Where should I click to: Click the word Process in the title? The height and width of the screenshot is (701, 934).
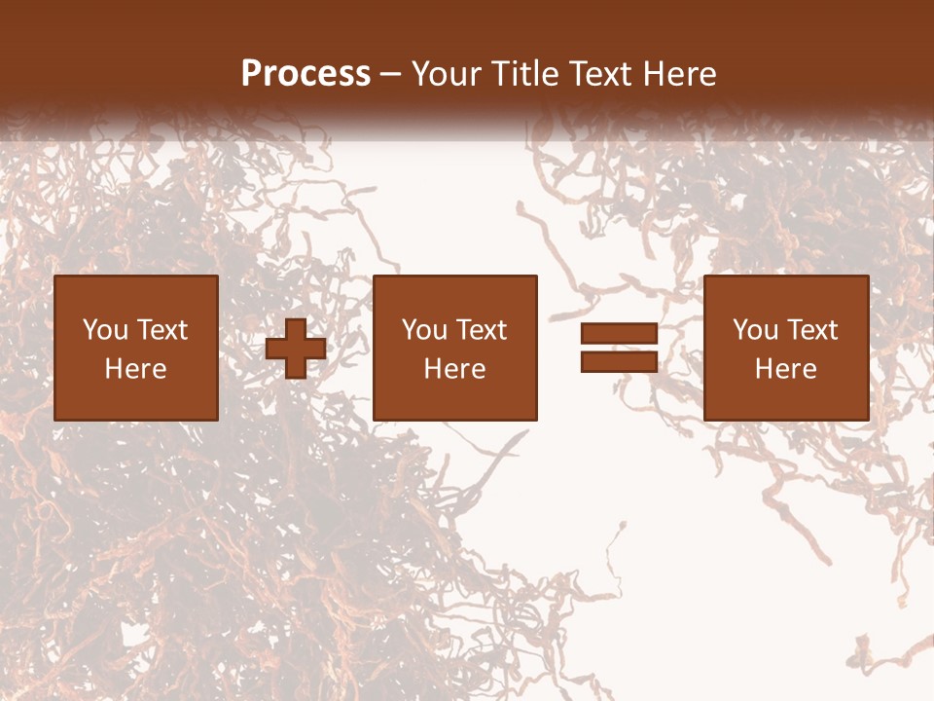point(305,74)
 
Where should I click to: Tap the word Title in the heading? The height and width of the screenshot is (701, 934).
point(522,74)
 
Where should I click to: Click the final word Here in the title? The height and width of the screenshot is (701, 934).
point(681,74)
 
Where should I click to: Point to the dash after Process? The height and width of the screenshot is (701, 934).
point(389,75)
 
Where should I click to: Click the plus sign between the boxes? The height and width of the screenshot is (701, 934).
point(296,349)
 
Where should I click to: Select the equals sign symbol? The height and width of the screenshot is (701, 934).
point(619,349)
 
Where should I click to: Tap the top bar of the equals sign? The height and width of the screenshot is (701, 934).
point(619,334)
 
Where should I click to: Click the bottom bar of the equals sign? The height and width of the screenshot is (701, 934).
point(619,362)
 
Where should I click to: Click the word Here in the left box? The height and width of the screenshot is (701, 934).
point(136,369)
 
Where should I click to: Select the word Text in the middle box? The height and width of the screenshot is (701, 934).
point(481,330)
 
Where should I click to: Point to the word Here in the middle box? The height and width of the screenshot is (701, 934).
point(455,369)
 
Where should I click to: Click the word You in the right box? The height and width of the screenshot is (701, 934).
point(756,330)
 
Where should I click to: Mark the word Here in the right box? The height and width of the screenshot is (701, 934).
point(786,369)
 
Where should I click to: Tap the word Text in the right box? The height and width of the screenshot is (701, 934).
point(811,330)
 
